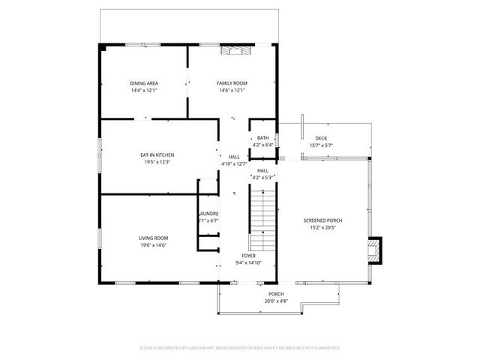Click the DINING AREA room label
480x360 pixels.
click(x=143, y=83)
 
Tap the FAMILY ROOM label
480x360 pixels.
click(x=232, y=83)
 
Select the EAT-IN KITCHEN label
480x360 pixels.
click(x=157, y=154)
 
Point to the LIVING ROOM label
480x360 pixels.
click(x=152, y=238)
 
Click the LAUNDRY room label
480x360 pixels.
click(x=209, y=214)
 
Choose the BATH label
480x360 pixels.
click(x=262, y=138)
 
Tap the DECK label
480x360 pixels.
click(x=321, y=138)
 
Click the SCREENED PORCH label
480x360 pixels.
click(x=322, y=220)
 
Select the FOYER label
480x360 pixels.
click(x=248, y=256)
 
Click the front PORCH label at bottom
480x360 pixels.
click(x=276, y=294)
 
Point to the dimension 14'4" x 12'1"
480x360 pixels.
click(x=143, y=91)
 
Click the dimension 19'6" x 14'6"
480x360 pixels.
click(x=152, y=245)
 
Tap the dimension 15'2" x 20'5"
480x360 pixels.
click(x=322, y=228)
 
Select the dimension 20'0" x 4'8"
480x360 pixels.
click(x=276, y=301)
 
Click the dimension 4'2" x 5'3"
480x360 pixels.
click(x=263, y=178)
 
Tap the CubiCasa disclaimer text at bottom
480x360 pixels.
click(x=240, y=348)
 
